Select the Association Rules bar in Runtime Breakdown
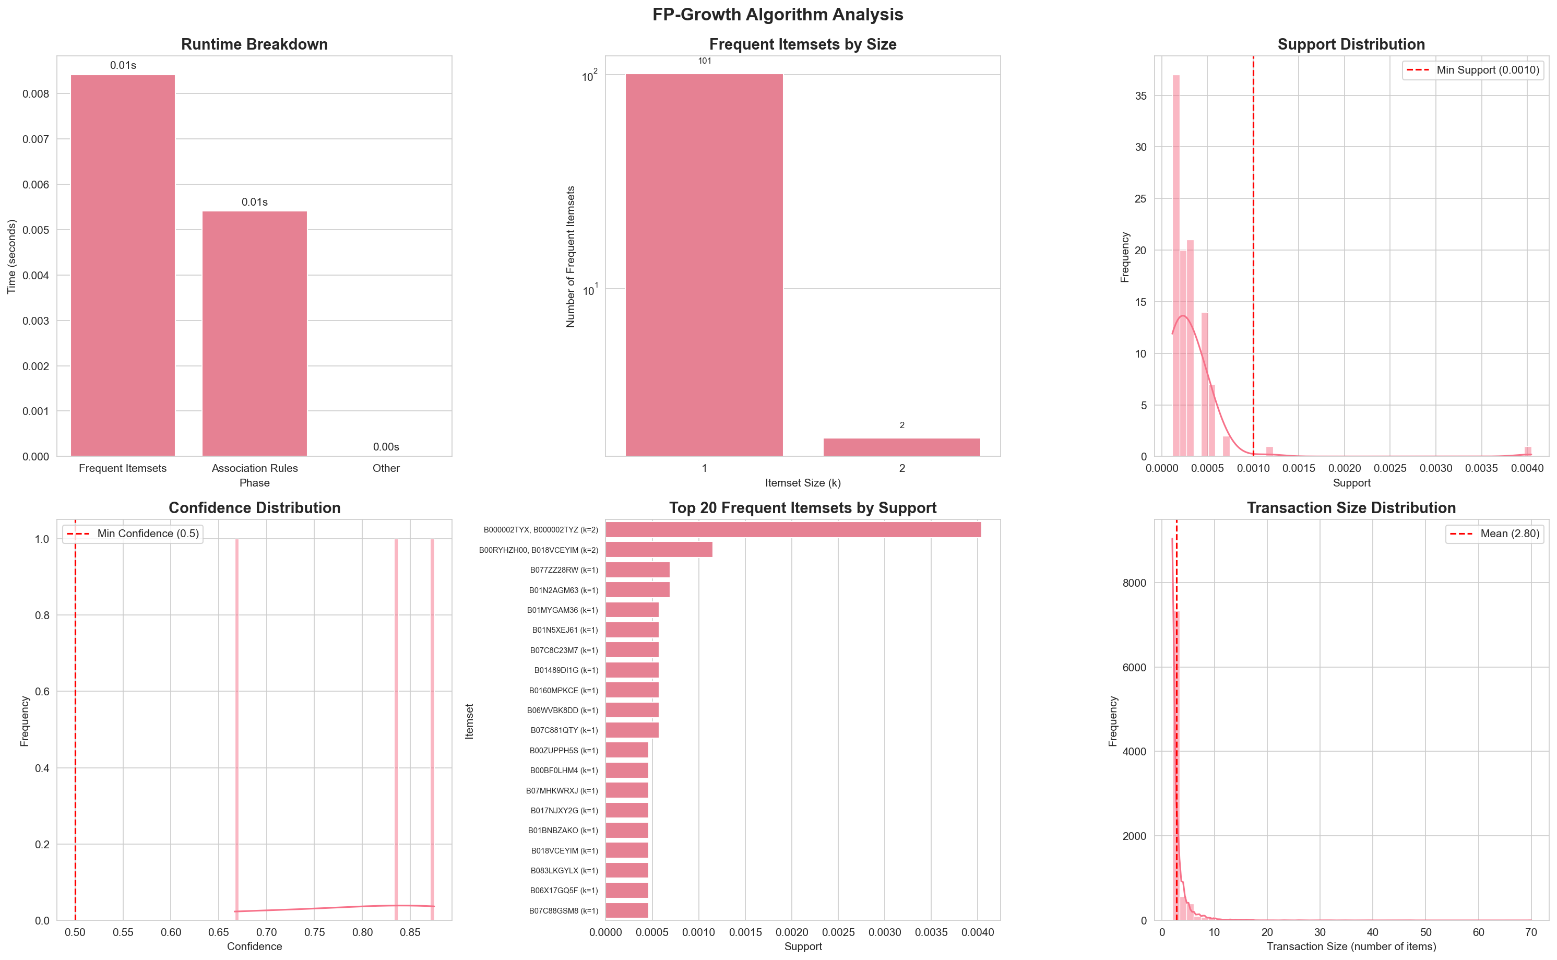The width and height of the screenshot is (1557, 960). (x=255, y=334)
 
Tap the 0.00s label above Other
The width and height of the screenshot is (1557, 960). (x=386, y=447)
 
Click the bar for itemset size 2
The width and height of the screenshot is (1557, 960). (x=901, y=447)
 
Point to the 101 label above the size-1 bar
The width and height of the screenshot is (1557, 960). (x=705, y=61)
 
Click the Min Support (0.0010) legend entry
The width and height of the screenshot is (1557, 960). (x=1472, y=70)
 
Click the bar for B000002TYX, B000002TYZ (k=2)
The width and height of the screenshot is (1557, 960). (x=793, y=529)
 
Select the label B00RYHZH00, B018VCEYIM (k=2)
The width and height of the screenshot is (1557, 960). (x=538, y=550)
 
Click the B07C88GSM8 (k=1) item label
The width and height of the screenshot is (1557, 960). (x=564, y=910)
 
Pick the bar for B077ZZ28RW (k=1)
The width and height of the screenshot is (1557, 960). (x=637, y=570)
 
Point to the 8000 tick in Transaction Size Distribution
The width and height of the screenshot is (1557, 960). (x=1134, y=583)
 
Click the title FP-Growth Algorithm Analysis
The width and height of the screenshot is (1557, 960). (x=778, y=15)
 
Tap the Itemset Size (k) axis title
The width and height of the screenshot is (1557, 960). (x=802, y=483)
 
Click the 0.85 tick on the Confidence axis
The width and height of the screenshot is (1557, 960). (x=410, y=932)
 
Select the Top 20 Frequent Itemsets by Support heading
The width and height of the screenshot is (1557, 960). (x=802, y=508)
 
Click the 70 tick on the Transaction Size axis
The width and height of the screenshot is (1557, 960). (x=1530, y=932)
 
